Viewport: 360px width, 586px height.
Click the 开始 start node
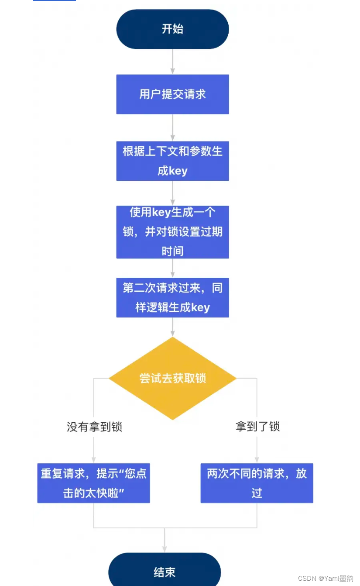[172, 29]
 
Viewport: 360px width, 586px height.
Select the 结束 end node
[165, 572]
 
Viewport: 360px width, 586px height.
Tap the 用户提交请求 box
[172, 94]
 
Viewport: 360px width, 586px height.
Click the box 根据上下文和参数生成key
[172, 161]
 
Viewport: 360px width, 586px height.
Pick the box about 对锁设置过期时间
[172, 232]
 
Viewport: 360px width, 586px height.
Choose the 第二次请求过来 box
[172, 297]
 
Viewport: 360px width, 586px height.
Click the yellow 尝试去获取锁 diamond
[172, 378]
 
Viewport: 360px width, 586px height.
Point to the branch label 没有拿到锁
[94, 427]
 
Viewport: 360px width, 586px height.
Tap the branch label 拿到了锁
[257, 427]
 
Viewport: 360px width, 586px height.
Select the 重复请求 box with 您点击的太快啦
[93, 483]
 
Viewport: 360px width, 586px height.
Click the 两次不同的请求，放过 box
[257, 483]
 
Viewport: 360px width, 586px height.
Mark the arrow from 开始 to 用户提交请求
[172, 61]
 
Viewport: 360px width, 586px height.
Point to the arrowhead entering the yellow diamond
[172, 333]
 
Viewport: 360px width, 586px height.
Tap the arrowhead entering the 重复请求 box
[94, 460]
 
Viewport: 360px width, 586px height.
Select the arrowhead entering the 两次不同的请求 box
[257, 460]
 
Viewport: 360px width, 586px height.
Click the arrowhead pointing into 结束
[165, 549]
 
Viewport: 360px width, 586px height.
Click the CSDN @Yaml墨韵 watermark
[326, 578]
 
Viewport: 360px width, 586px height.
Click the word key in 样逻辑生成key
[200, 307]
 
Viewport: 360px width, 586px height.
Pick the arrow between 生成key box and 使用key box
[172, 193]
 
